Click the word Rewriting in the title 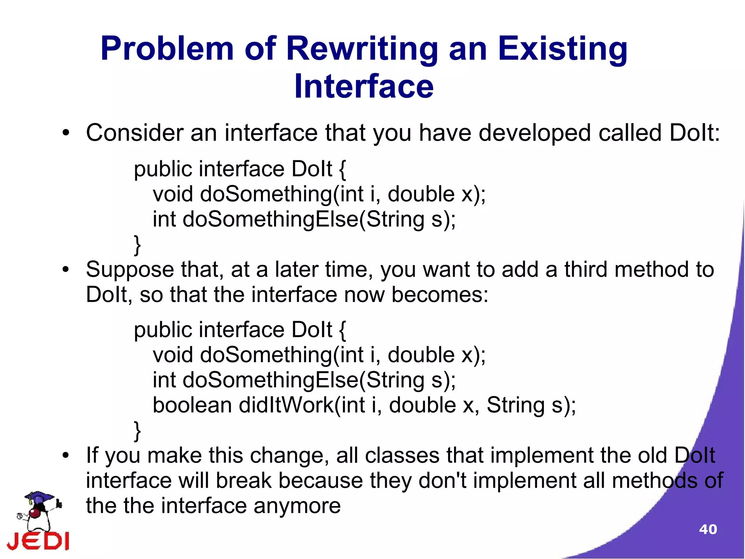coord(362,49)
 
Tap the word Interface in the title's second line coord(364,87)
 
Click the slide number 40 coord(708,529)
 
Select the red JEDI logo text coord(38,540)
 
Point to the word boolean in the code coord(192,405)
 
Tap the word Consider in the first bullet coord(134,133)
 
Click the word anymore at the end coord(297,506)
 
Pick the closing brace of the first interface coord(137,245)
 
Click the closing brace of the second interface coord(137,431)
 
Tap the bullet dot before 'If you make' coord(65,456)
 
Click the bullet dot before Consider coord(65,133)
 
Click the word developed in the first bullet coord(535,133)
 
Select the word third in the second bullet coord(586,270)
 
